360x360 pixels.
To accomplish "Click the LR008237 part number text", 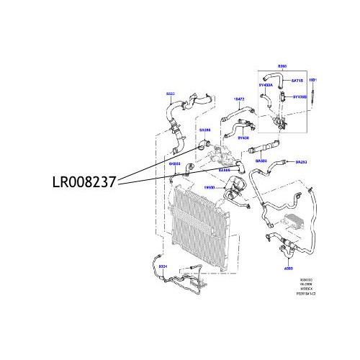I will click(80, 183).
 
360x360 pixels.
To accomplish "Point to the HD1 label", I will click(313, 79).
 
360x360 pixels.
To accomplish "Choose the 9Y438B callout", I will click(299, 96).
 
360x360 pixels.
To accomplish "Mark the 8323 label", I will click(171, 94).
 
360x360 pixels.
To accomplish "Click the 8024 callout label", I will click(162, 266).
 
